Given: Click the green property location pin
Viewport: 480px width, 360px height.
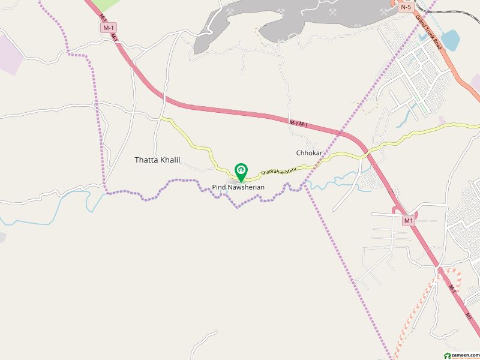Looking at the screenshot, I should [x=241, y=172].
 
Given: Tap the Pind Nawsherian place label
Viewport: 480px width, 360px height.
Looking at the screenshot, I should [x=238, y=188].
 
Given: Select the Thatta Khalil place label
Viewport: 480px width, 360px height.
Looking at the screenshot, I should [x=157, y=160].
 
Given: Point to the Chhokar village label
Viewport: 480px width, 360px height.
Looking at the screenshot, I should [x=310, y=153].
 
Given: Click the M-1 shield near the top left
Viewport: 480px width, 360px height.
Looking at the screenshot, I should [x=109, y=28].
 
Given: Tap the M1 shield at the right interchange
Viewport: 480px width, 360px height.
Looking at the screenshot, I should [x=409, y=221].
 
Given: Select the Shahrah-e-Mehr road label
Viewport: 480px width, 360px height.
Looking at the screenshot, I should [x=280, y=172].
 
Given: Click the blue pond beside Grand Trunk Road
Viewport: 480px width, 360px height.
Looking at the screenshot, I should [x=449, y=39].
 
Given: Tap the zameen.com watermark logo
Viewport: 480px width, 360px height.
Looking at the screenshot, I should [x=459, y=355].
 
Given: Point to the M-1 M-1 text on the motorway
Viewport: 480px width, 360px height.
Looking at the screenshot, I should [x=298, y=124].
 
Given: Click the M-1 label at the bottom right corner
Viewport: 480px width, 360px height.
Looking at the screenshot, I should [x=469, y=314].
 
